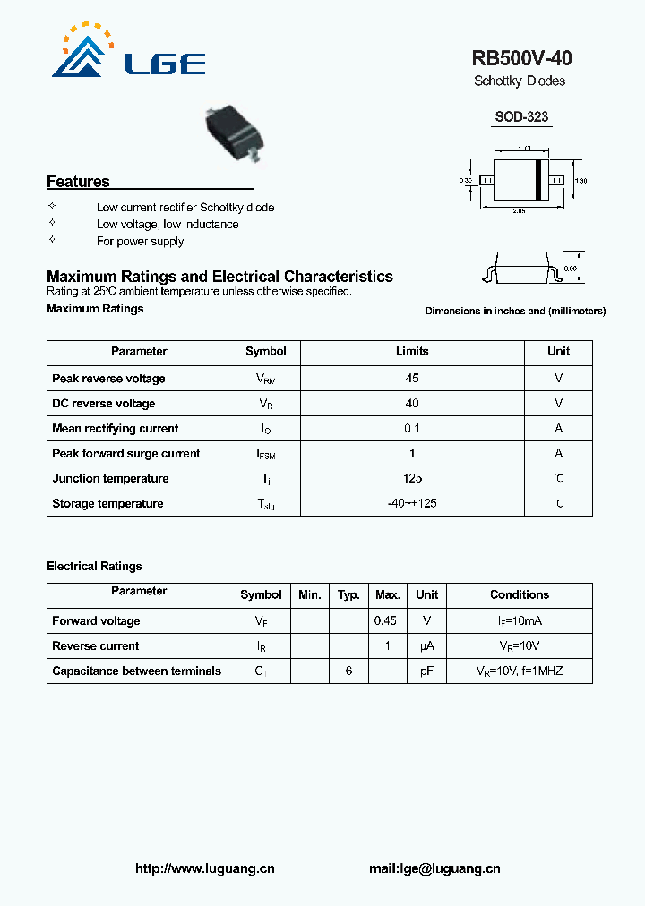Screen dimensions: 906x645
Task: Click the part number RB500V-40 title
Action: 521,59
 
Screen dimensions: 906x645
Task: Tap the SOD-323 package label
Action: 521,117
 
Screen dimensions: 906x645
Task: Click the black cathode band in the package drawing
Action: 539,180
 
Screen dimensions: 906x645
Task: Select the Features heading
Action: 78,182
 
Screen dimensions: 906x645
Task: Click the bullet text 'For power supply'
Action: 140,242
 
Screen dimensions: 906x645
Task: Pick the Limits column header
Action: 412,352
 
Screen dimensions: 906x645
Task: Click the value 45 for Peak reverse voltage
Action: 412,379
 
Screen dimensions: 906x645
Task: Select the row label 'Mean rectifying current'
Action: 115,429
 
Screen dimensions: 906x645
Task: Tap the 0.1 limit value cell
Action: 412,429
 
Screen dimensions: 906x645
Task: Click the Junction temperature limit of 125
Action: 412,479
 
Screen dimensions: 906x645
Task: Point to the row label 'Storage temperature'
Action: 107,504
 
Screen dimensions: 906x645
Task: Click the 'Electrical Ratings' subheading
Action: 94,567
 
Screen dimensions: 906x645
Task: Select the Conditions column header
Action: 519,595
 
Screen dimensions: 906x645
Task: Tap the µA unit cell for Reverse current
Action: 426,646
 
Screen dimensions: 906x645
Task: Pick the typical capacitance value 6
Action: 348,671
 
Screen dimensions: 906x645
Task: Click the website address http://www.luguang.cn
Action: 204,868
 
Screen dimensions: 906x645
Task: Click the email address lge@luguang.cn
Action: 434,868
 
